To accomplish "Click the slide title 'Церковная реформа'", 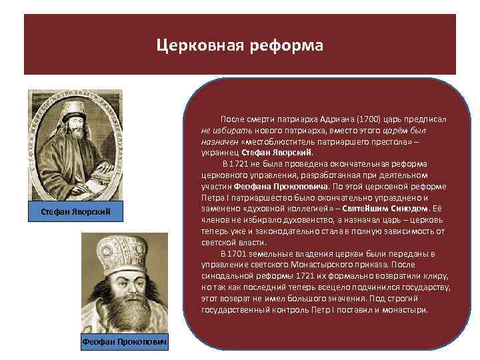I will pyautogui.click(x=240, y=45).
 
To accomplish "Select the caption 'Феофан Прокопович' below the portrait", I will pyautogui.click(x=125, y=342).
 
